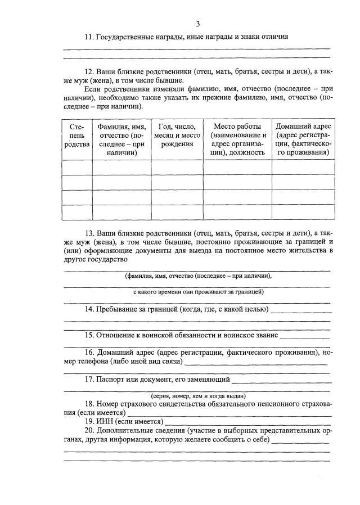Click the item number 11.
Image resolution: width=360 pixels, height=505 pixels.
click(x=89, y=37)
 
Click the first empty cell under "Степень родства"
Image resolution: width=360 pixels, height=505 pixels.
click(x=77, y=168)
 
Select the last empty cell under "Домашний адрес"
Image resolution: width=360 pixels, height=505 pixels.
click(x=304, y=213)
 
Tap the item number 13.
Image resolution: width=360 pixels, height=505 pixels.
click(x=89, y=233)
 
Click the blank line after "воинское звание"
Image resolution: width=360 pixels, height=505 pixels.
click(x=304, y=337)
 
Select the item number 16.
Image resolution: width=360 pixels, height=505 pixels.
click(x=89, y=353)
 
